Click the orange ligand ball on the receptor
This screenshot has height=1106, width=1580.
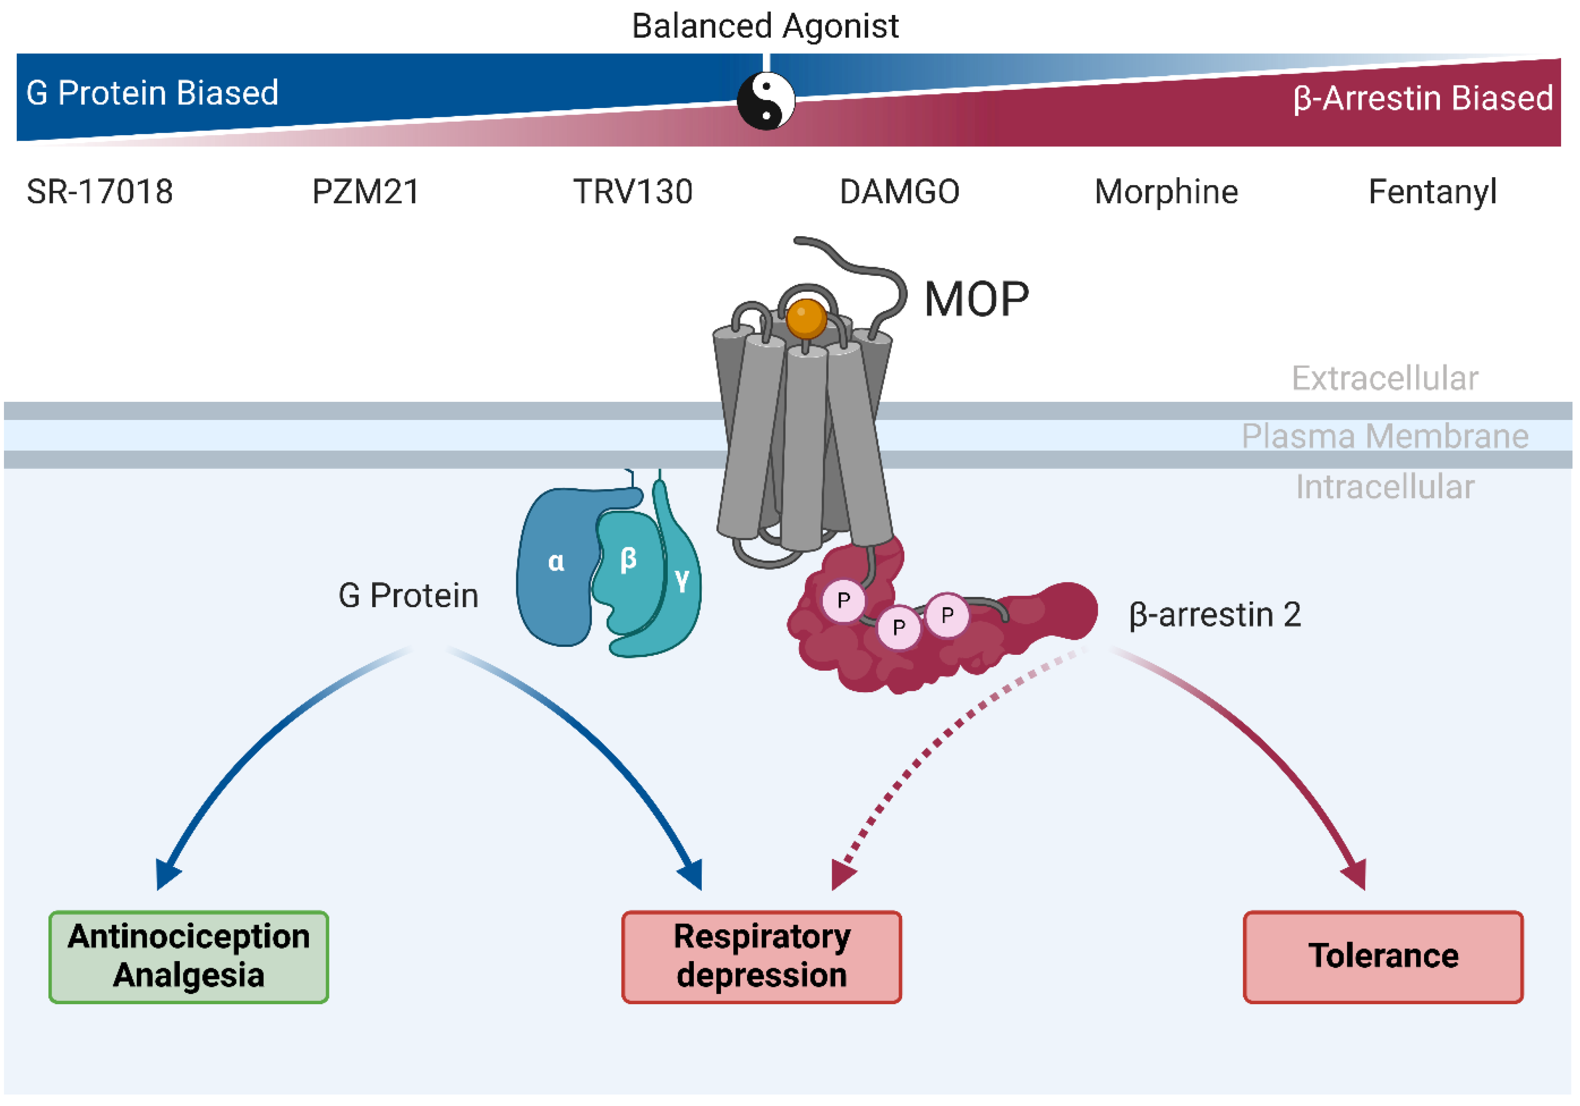point(806,318)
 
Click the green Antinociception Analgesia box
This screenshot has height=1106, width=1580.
point(189,957)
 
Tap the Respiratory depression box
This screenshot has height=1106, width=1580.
point(761,957)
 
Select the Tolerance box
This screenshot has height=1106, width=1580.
point(1383,957)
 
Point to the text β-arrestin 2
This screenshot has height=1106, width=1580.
point(1214,615)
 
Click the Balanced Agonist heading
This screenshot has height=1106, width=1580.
point(765,26)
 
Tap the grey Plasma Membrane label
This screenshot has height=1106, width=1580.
point(1384,436)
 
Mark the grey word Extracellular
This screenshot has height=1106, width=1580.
point(1384,378)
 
